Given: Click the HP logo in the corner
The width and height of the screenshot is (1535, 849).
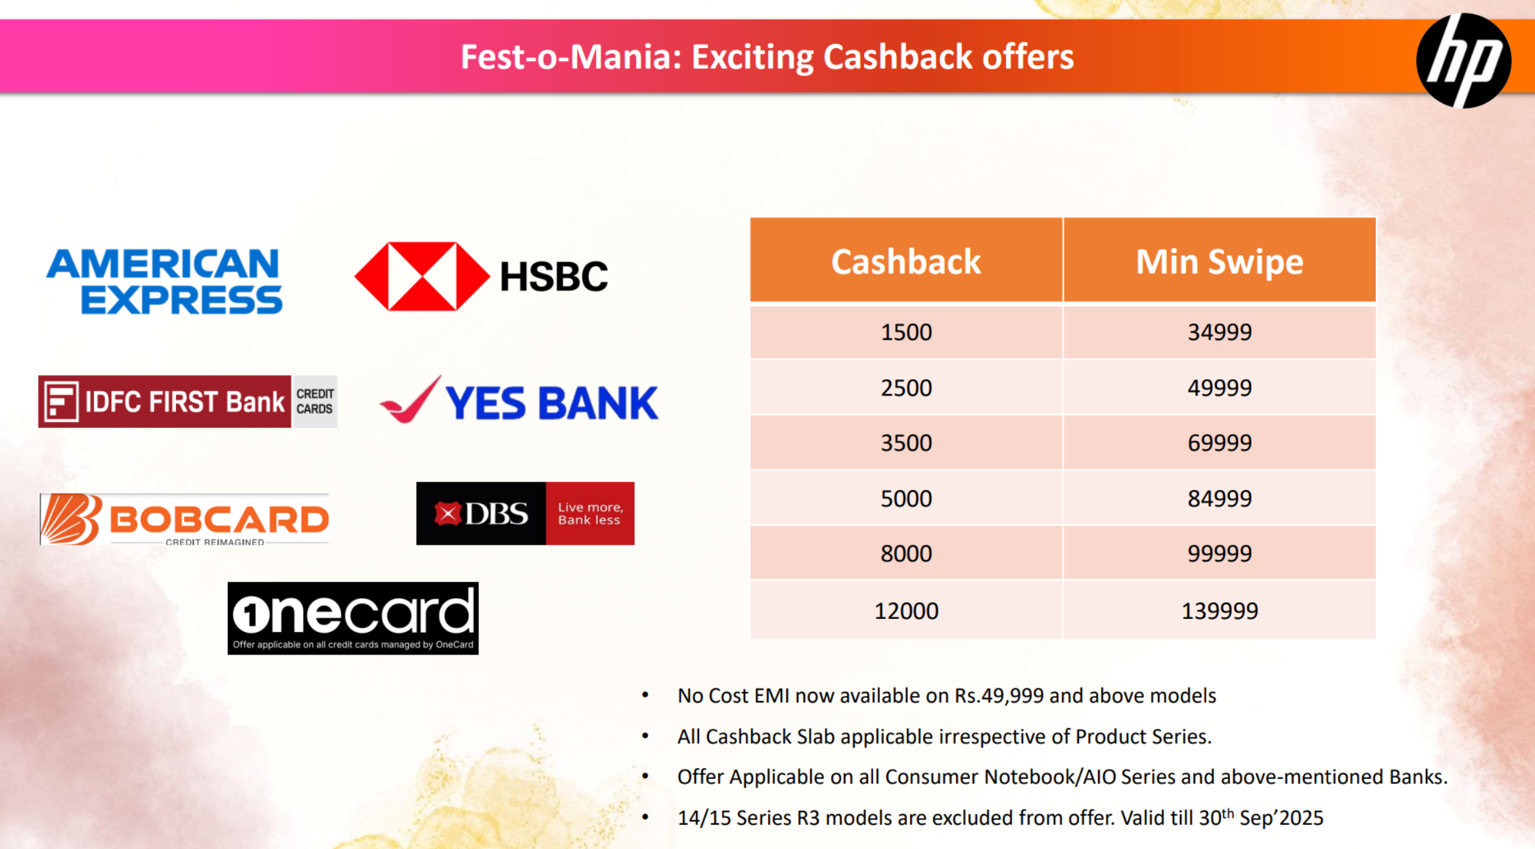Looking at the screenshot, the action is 1463,60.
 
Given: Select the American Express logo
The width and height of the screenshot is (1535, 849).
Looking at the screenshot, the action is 164,281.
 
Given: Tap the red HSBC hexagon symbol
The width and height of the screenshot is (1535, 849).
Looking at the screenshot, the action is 422,276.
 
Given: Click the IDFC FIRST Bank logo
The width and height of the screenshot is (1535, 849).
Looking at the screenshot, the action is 188,402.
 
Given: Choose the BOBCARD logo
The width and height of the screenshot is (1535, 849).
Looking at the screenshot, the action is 184,519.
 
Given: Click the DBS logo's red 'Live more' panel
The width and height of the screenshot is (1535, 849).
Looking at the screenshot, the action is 590,513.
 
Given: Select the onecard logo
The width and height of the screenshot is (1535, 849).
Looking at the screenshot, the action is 353,618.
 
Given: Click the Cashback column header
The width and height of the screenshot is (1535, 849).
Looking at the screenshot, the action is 906,260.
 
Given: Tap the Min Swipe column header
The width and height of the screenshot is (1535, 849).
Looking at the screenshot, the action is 1220,260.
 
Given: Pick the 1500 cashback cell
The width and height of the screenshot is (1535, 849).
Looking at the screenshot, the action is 906,332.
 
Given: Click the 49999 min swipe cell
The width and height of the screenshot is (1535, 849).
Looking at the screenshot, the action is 1220,388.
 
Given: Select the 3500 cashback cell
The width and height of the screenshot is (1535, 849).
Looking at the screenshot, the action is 906,443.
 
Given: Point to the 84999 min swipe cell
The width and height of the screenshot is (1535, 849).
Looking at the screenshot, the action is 1220,498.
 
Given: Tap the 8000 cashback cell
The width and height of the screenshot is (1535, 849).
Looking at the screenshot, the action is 906,553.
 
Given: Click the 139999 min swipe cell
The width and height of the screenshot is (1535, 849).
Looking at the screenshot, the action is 1220,610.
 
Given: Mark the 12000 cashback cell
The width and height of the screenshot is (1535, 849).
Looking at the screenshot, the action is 906,610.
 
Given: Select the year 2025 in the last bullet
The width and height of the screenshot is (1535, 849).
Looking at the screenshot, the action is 1301,818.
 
